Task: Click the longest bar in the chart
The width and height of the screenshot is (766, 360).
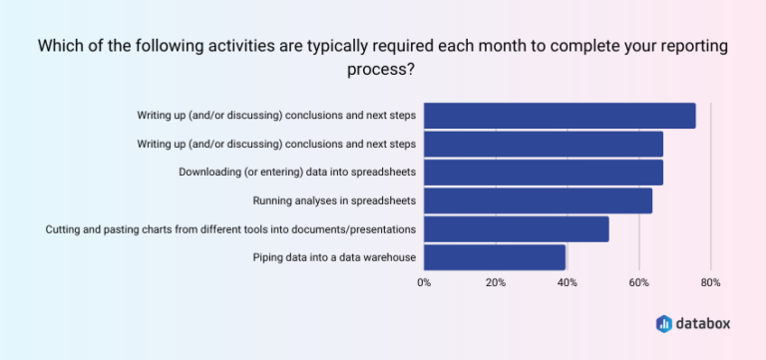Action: pyautogui.click(x=559, y=116)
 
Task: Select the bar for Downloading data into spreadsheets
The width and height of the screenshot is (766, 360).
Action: pyautogui.click(x=543, y=173)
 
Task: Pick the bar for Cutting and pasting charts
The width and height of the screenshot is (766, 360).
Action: pyautogui.click(x=516, y=229)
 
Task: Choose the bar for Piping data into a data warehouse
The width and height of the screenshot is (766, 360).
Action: pyautogui.click(x=494, y=257)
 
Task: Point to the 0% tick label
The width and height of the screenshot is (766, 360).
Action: pyautogui.click(x=424, y=282)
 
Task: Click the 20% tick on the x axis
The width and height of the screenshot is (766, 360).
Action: pyautogui.click(x=495, y=282)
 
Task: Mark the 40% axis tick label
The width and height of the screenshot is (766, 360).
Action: pyautogui.click(x=567, y=282)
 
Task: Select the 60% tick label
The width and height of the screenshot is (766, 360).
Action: pyautogui.click(x=638, y=282)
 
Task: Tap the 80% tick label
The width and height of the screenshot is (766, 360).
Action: pyautogui.click(x=710, y=282)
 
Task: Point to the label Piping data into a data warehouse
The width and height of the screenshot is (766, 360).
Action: pyautogui.click(x=334, y=258)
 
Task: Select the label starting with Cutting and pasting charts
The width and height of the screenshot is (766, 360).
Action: pyautogui.click(x=230, y=230)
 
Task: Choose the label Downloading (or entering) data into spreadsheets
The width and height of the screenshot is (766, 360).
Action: pyautogui.click(x=297, y=173)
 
